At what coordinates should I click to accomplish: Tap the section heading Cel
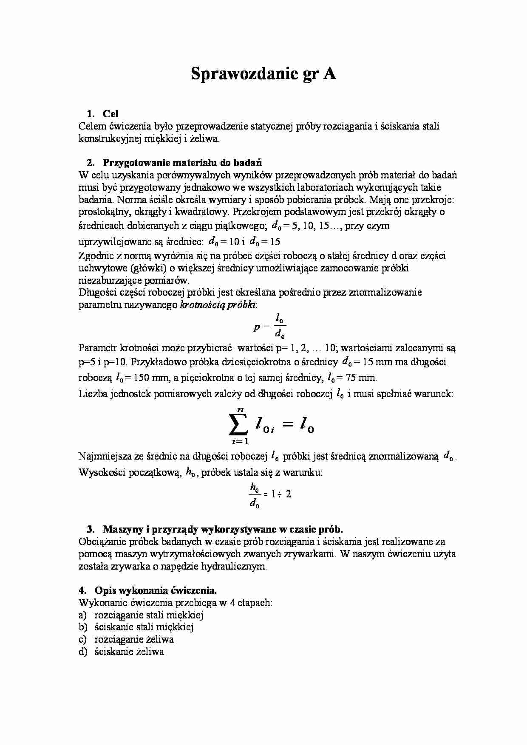110,114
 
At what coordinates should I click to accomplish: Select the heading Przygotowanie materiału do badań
182,163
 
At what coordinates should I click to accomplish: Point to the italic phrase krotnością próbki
218,305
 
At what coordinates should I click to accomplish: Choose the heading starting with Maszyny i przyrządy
222,529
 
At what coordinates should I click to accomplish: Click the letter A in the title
329,74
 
